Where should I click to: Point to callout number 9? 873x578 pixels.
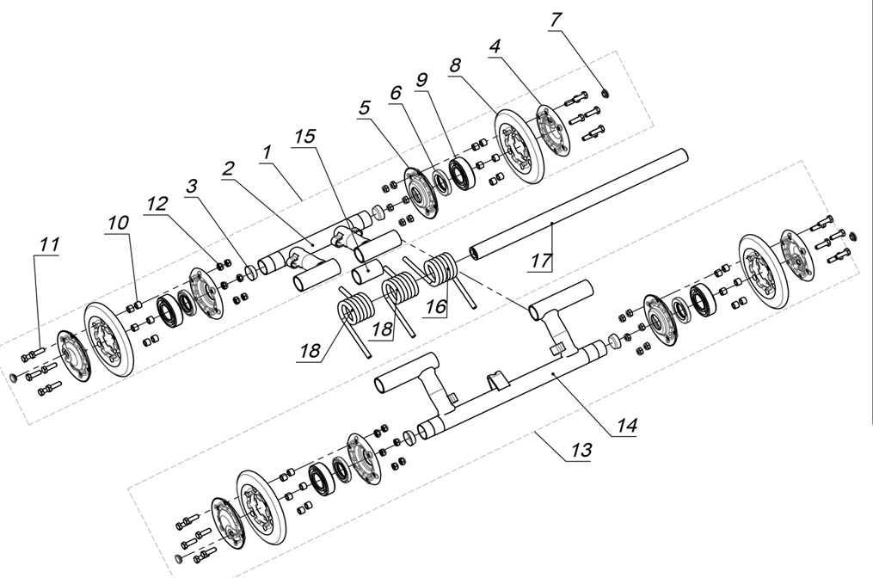[x=421, y=78]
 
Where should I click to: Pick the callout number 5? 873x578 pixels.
[x=366, y=108]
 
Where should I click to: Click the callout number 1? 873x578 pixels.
[x=267, y=151]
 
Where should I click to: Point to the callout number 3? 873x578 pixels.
[x=191, y=186]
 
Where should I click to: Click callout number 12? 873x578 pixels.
[x=157, y=203]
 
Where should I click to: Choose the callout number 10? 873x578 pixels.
[x=118, y=222]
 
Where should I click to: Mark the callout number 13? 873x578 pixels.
[x=581, y=450]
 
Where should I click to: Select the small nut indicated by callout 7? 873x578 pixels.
[x=604, y=92]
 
